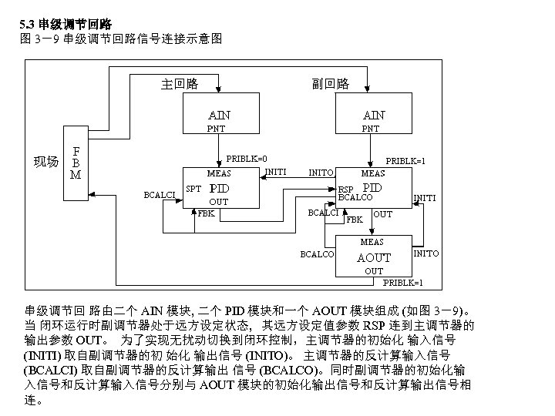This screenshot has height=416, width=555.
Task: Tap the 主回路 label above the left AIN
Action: click(x=180, y=83)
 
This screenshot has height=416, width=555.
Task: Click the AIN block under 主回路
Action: click(x=218, y=116)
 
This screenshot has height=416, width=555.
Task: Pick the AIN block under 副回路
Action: click(x=373, y=116)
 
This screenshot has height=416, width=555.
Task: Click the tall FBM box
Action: click(x=76, y=163)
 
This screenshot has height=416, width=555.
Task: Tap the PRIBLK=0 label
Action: click(x=247, y=159)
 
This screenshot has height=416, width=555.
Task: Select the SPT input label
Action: click(x=194, y=189)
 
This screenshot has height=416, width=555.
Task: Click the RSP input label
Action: click(x=345, y=190)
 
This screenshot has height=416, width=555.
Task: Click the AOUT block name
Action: click(x=373, y=257)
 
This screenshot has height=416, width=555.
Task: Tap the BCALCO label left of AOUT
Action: click(x=317, y=253)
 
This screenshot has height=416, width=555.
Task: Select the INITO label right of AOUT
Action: click(x=426, y=253)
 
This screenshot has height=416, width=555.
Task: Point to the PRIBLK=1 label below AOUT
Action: click(x=402, y=283)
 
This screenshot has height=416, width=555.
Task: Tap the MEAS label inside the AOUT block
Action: click(x=372, y=243)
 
